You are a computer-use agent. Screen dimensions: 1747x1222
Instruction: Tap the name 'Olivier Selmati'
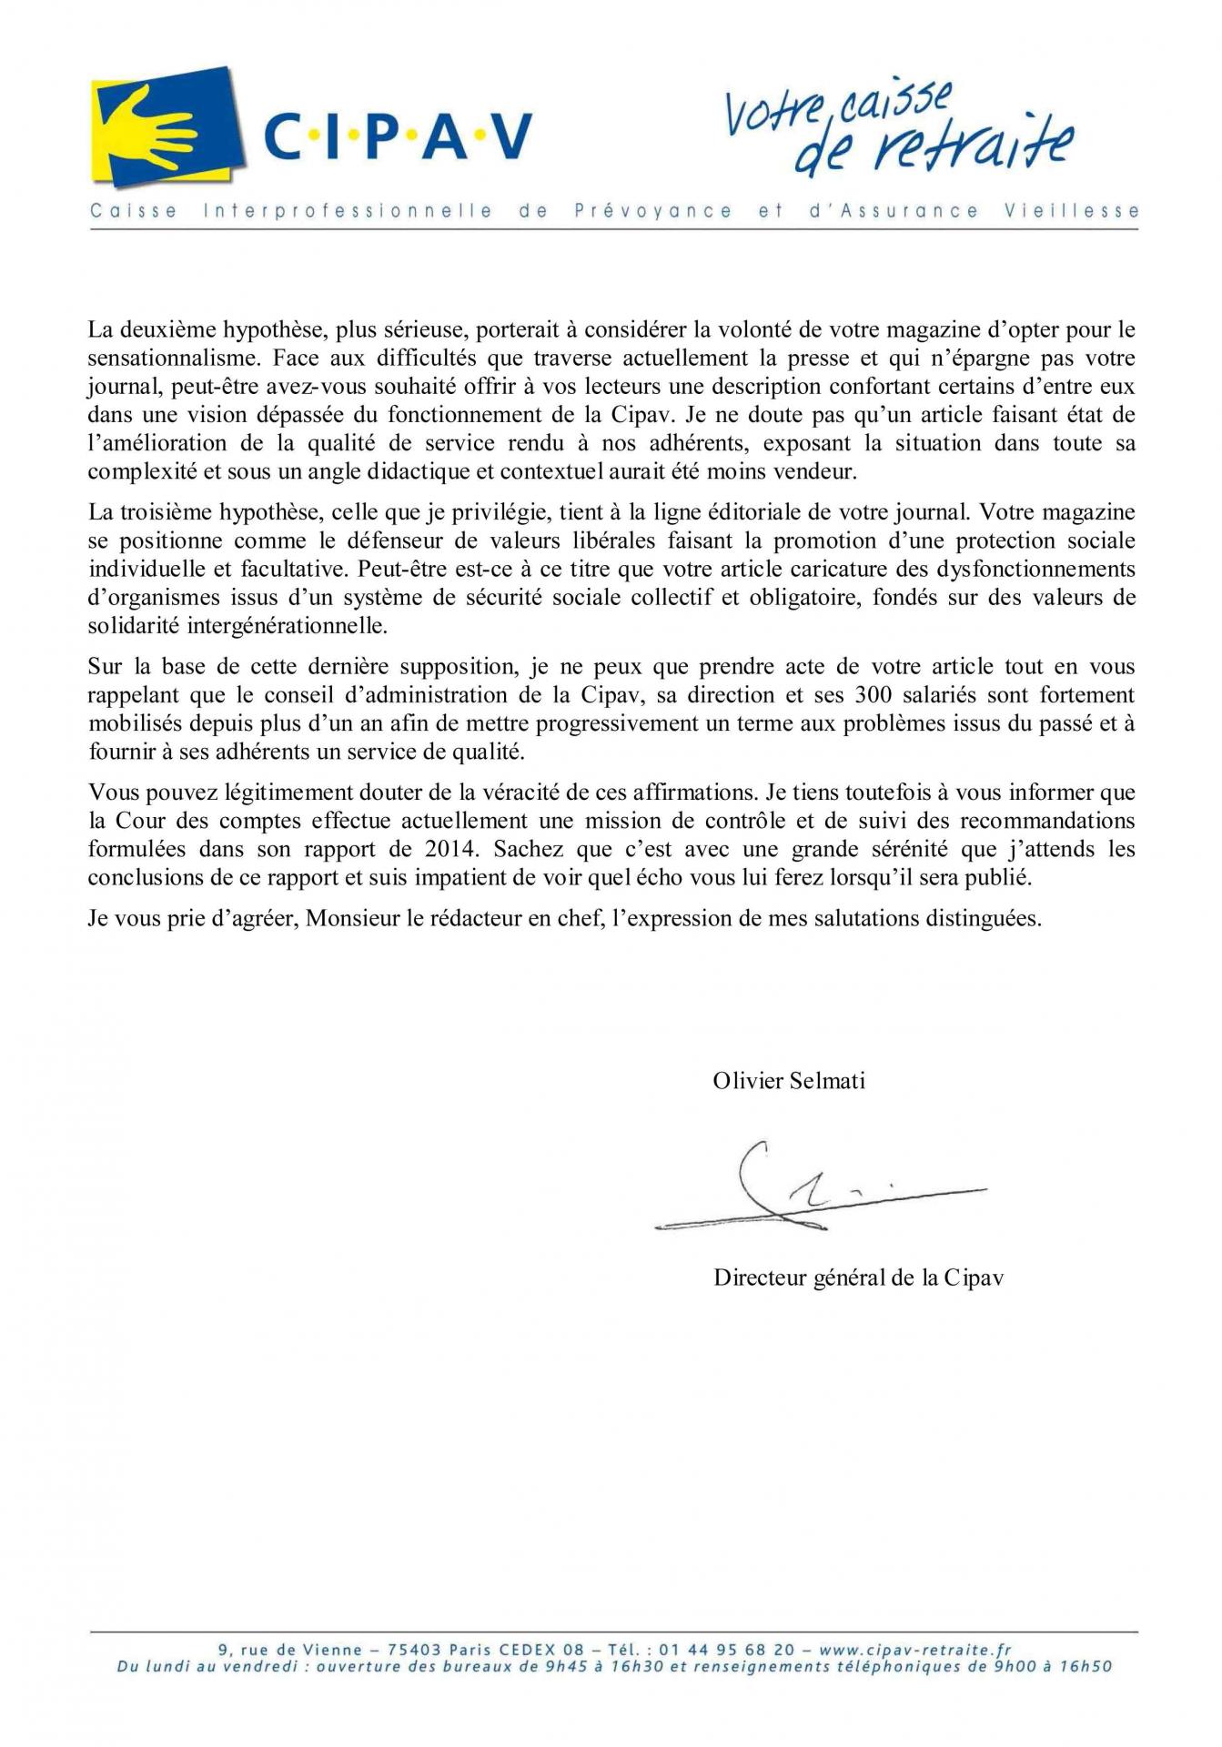pos(789,1080)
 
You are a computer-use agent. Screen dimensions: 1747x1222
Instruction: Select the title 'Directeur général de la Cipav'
pos(858,1277)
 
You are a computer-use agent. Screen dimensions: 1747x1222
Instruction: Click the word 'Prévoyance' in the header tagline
pos(652,211)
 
